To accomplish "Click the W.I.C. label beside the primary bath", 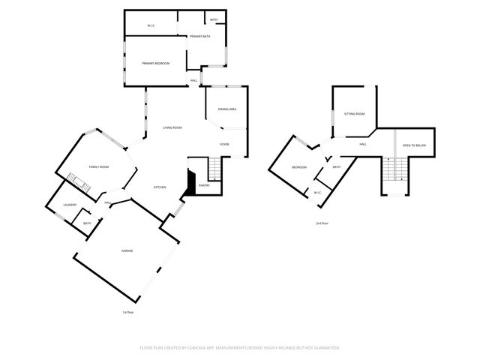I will (151, 25).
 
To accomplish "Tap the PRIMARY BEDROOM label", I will (156, 63).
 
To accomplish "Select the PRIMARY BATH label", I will (199, 36).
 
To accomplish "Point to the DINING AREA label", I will (227, 109).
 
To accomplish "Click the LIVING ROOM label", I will (172, 127).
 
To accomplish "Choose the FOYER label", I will (224, 144).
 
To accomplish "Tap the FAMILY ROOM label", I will (99, 166).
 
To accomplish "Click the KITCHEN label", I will (160, 187).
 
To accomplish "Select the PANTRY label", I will (204, 184).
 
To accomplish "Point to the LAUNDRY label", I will (70, 204).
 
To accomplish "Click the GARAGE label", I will (127, 250).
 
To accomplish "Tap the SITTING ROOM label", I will (354, 113).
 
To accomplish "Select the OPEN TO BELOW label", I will (414, 145).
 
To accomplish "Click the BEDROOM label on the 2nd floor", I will (299, 166).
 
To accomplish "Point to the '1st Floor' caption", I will (127, 312).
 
